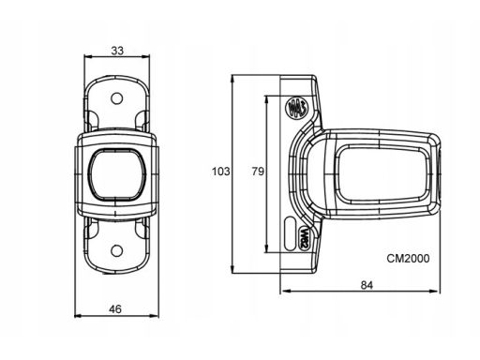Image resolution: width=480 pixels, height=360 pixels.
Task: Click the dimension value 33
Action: [117, 51]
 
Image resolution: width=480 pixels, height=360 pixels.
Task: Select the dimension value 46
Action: [115, 309]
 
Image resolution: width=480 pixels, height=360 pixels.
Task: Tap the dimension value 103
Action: [221, 172]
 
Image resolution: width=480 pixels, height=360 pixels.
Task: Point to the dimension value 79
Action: [258, 172]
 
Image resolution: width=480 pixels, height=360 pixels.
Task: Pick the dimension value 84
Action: [367, 285]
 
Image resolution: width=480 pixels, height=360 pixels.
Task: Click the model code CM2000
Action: [408, 259]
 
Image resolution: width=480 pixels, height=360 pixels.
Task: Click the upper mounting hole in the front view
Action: [117, 98]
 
